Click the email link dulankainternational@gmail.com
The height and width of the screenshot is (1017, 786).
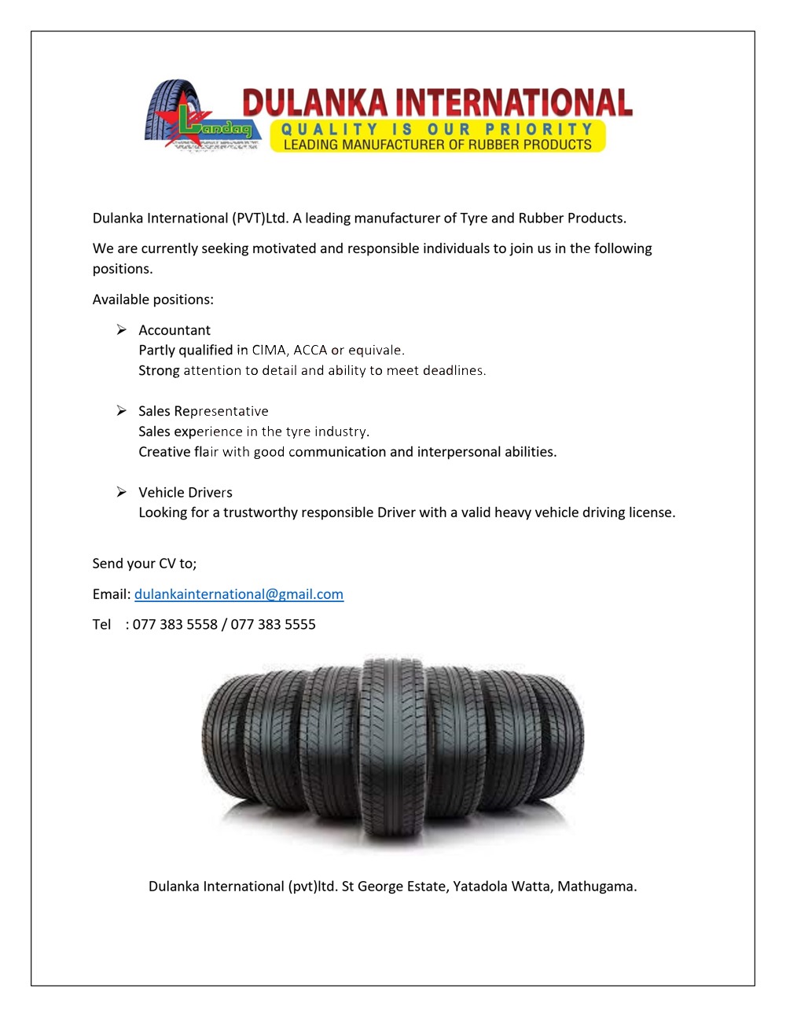[239, 594]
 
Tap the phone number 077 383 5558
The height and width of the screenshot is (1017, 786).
[174, 625]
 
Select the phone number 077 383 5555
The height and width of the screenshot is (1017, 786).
[273, 625]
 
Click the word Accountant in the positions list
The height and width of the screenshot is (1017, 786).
[174, 330]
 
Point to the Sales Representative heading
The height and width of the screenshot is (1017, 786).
[204, 411]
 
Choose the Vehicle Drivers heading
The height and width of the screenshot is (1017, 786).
[185, 493]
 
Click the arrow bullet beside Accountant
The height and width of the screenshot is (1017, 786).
[122, 329]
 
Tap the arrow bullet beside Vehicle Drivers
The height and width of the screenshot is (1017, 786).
[122, 492]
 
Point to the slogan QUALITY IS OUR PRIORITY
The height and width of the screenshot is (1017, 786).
[437, 129]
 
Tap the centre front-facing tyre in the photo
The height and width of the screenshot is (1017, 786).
[392, 751]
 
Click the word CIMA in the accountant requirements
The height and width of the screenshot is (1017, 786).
[269, 351]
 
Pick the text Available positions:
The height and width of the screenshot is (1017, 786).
[153, 299]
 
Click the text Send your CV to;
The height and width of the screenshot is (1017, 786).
[145, 564]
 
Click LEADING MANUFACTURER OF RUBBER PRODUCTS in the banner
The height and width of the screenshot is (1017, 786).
[437, 145]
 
